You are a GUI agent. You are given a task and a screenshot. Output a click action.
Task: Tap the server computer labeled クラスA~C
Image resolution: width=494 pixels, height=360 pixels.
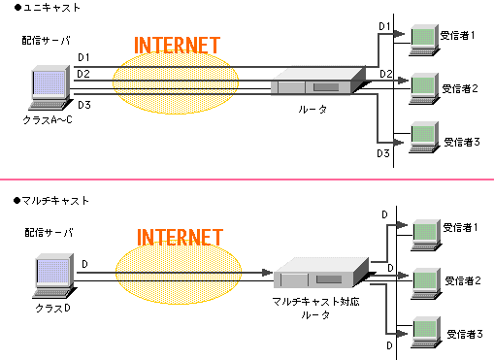pos(49,89)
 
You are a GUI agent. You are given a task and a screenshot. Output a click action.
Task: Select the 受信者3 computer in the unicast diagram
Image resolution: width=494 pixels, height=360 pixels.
pos(424,135)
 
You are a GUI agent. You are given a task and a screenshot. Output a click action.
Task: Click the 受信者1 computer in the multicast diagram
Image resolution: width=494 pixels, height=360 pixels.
pos(424,230)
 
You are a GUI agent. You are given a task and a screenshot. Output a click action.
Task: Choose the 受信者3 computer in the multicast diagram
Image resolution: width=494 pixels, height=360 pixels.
pos(424,329)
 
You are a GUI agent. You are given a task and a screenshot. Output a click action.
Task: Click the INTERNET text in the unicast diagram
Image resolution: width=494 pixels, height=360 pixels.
pos(176,46)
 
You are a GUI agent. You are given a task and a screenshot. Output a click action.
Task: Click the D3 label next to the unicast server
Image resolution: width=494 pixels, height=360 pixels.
pos(84,104)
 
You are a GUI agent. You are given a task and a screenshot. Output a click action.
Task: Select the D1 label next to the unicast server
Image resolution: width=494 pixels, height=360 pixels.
pos(84,57)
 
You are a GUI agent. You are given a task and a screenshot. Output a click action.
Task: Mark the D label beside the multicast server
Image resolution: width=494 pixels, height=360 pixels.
pos(84,262)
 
